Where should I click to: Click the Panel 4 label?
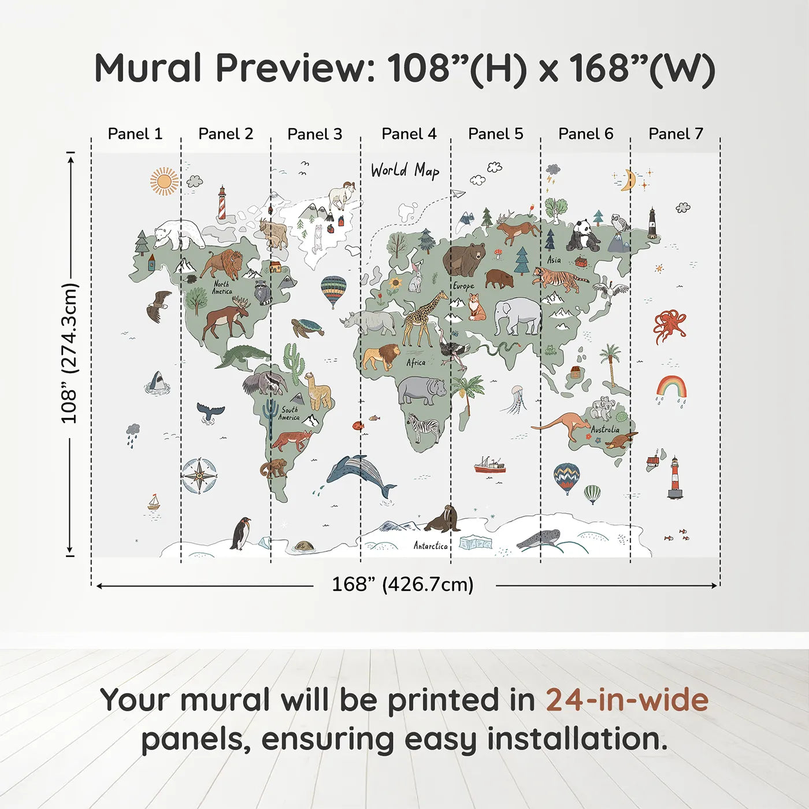409,134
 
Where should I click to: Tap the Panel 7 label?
676,134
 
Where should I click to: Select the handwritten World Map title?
405,170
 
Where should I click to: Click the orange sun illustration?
164,181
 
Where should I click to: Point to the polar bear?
179,233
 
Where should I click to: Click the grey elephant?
518,316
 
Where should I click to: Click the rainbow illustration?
671,387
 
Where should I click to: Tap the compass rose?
199,476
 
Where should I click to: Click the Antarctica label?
431,545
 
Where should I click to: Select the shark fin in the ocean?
157,381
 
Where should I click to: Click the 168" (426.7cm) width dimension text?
403,584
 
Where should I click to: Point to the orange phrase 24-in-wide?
627,700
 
